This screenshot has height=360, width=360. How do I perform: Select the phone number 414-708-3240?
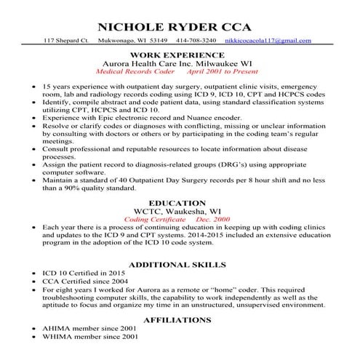(x=197, y=40)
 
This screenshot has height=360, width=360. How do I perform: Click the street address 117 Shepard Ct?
(x=67, y=40)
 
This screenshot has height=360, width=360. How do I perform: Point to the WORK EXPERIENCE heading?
(x=176, y=55)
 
